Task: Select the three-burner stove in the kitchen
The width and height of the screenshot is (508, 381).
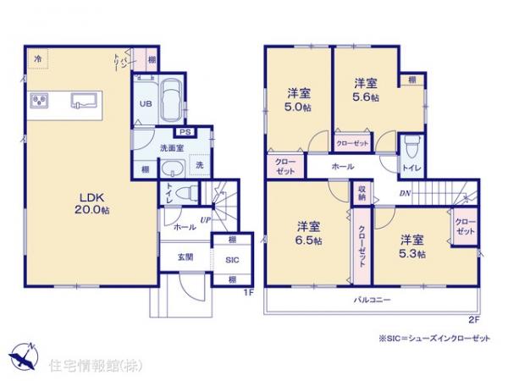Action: click(x=38, y=102)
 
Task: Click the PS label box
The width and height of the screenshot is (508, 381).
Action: click(x=182, y=132)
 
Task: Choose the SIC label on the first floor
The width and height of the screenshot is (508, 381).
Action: click(x=231, y=261)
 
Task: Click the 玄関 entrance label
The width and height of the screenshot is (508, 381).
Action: click(x=186, y=257)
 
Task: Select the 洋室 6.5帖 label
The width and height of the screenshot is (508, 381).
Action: click(x=309, y=234)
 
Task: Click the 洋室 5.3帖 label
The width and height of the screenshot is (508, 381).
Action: click(x=413, y=246)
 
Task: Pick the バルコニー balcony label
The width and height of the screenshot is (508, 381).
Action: click(x=372, y=300)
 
